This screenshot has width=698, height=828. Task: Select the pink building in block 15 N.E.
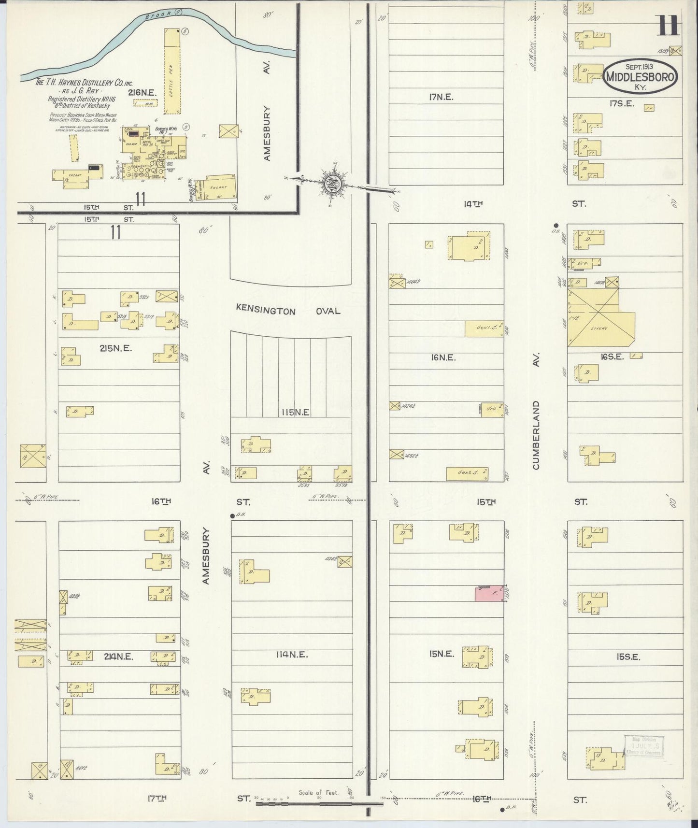[489, 593]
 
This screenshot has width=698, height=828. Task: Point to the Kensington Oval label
[288, 310]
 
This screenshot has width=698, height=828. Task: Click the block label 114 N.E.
[292, 655]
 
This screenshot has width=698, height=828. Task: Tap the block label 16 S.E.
[613, 357]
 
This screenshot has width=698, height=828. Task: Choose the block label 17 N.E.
[441, 97]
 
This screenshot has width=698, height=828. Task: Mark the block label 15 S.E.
[628, 657]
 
